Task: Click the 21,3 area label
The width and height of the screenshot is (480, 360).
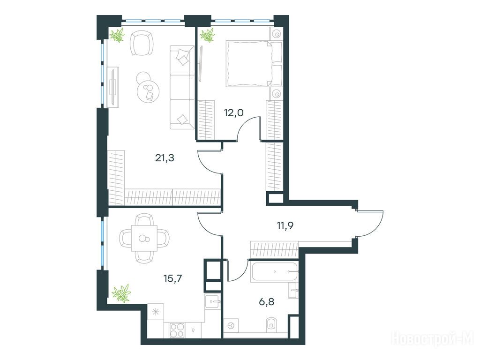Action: [165, 158]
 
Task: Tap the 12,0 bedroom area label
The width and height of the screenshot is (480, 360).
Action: [234, 113]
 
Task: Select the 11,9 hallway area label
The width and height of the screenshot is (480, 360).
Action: [285, 225]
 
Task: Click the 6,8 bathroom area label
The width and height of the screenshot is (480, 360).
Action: [267, 302]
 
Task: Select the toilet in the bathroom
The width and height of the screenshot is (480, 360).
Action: [272, 324]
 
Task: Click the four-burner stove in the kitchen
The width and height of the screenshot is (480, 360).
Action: [177, 330]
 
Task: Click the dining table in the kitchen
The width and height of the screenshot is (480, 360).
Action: [144, 238]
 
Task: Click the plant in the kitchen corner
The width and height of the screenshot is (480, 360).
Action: [121, 293]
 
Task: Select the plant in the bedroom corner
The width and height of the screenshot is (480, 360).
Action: [208, 35]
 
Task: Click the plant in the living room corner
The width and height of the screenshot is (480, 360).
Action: [118, 35]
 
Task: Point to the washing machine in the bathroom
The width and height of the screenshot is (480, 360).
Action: [232, 325]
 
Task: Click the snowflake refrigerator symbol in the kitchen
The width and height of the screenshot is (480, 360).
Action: [156, 312]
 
